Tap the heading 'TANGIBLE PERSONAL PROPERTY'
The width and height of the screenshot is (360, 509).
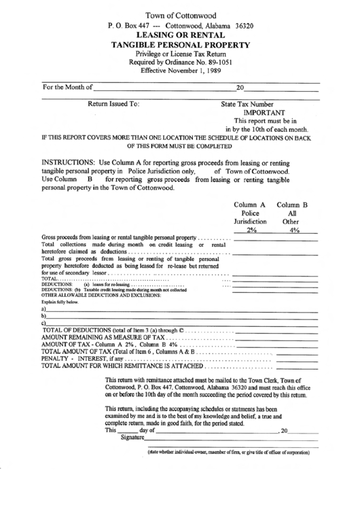click(180, 46)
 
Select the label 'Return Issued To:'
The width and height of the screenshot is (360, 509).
click(113, 104)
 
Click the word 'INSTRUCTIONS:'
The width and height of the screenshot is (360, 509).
click(71, 164)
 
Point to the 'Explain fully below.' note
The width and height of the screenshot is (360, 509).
click(60, 302)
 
